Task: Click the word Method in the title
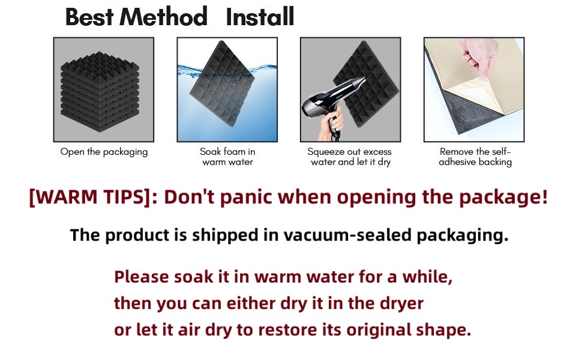click(163, 17)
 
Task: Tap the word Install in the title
click(260, 17)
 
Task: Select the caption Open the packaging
click(104, 152)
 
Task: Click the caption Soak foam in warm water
click(227, 157)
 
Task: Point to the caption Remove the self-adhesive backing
click(475, 157)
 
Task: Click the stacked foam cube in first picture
click(100, 91)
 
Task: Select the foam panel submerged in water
click(223, 83)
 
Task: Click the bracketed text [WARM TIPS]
click(90, 197)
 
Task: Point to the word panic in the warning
click(246, 197)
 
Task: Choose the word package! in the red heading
click(503, 197)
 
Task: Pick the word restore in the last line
click(289, 330)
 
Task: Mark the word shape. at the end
click(443, 330)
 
